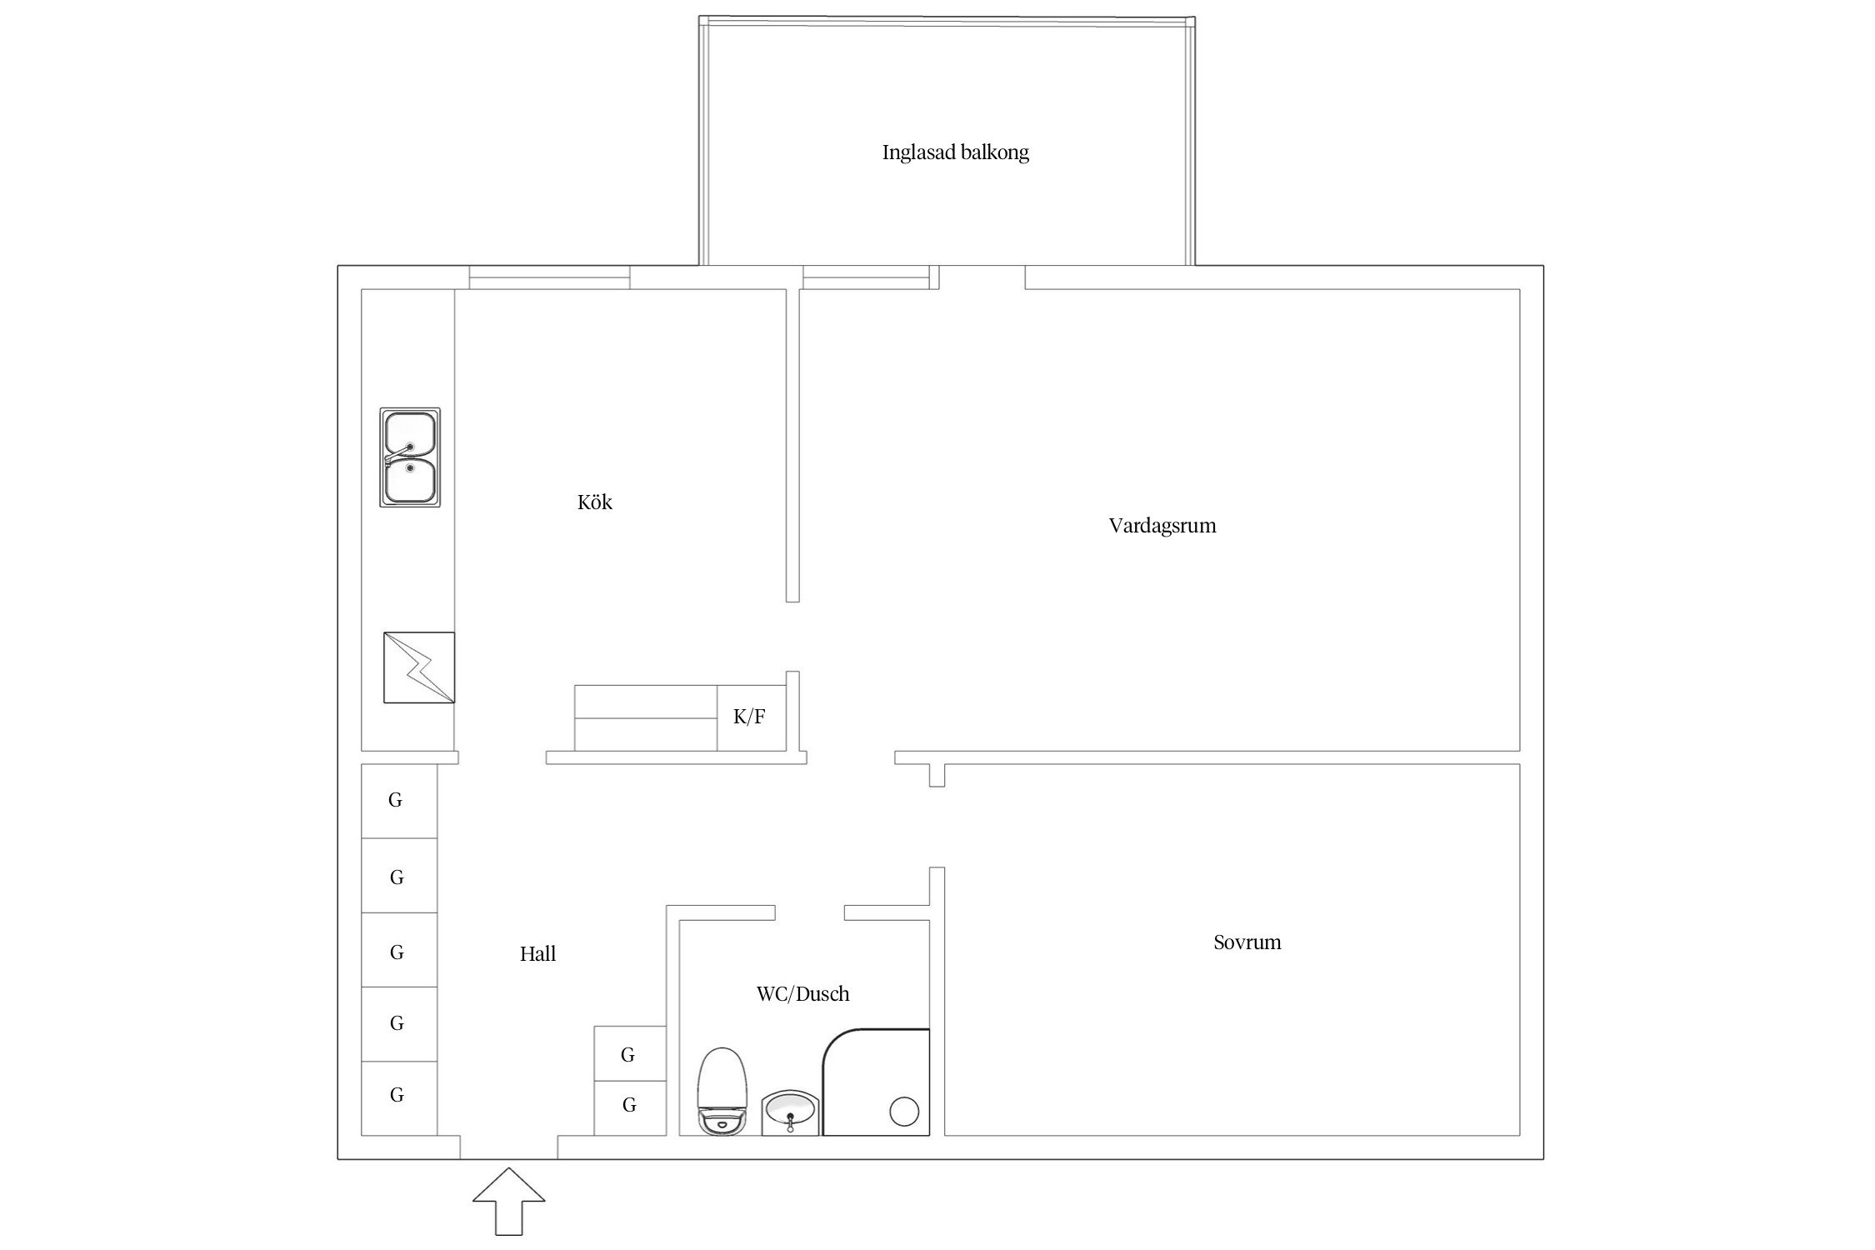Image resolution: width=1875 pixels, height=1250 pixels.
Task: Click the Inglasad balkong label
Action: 955,152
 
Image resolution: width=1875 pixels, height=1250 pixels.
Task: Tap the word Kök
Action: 594,502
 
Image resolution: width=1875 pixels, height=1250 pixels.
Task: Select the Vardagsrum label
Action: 1162,526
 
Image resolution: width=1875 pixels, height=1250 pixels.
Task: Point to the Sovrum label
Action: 1247,942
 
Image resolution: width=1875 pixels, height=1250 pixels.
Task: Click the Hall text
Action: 537,954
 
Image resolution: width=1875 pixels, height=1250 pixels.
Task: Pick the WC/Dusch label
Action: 802,993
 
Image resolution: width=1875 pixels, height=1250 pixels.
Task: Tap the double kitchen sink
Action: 410,457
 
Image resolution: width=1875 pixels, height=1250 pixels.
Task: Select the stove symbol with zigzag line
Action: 419,667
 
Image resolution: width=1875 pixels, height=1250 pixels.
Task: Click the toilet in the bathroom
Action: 722,1092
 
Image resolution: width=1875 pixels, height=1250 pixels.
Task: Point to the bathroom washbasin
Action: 791,1112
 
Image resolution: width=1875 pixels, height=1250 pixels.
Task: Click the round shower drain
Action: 904,1112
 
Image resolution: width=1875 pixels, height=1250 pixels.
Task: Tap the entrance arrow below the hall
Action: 509,1201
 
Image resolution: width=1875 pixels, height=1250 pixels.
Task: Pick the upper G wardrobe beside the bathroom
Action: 630,1054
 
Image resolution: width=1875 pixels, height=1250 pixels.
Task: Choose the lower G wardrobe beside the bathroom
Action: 630,1108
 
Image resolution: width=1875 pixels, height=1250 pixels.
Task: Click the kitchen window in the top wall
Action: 549,277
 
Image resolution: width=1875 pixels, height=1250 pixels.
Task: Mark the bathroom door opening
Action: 810,912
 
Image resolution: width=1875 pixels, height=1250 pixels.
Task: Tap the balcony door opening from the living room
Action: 982,277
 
